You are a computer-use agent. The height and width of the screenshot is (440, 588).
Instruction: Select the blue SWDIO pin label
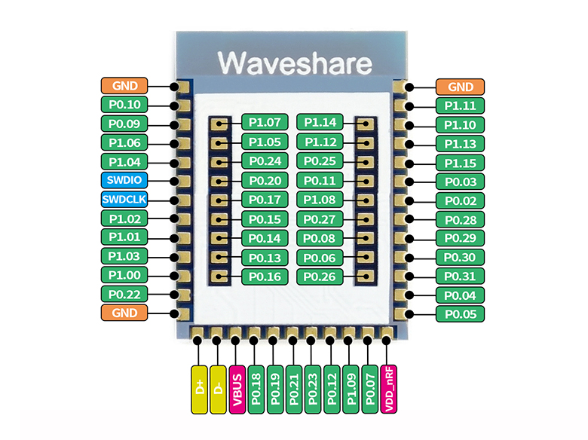pyautogui.click(x=124, y=181)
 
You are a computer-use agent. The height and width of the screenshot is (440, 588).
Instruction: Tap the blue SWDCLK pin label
pyautogui.click(x=124, y=200)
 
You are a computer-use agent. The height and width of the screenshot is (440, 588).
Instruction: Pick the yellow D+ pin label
pyautogui.click(x=198, y=389)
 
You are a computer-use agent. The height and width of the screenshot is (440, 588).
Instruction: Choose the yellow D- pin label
pyautogui.click(x=217, y=389)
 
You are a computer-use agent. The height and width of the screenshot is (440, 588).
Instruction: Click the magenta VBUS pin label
pyautogui.click(x=236, y=389)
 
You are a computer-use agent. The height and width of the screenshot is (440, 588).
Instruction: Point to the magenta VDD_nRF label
pyautogui.click(x=387, y=389)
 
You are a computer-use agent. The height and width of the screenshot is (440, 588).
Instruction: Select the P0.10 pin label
pyautogui.click(x=124, y=105)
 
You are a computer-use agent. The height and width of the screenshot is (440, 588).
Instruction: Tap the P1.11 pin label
pyautogui.click(x=460, y=106)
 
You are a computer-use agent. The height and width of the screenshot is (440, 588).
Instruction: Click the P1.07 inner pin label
pyautogui.click(x=265, y=122)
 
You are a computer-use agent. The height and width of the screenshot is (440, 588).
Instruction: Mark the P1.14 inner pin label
pyautogui.click(x=320, y=122)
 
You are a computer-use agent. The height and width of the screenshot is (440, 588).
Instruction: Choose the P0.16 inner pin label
pyautogui.click(x=265, y=277)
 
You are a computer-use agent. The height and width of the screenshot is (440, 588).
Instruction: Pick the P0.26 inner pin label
pyautogui.click(x=320, y=277)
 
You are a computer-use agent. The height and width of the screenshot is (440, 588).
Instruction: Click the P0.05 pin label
pyautogui.click(x=460, y=313)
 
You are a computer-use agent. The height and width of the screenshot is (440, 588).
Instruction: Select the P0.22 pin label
pyautogui.click(x=124, y=294)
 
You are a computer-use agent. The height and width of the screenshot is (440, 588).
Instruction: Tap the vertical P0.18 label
pyautogui.click(x=255, y=389)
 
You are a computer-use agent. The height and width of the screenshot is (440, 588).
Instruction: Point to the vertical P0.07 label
pyautogui.click(x=368, y=389)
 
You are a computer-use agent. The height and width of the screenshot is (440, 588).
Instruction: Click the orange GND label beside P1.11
pyautogui.click(x=460, y=87)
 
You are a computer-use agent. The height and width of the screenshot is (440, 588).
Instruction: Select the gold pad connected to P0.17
pyautogui.click(x=219, y=200)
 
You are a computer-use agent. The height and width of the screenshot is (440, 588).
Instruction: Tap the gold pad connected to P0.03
pyautogui.click(x=408, y=182)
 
